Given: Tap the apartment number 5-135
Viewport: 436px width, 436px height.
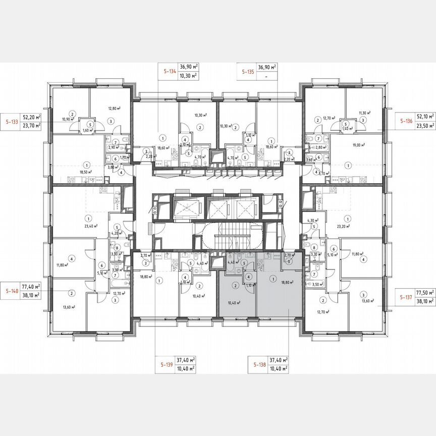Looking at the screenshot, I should click(x=247, y=72).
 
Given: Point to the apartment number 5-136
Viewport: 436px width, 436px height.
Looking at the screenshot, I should click(x=406, y=122).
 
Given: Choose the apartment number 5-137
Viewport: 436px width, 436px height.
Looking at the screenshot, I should click(x=407, y=291).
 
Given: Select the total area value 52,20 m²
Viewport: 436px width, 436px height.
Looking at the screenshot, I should click(x=32, y=117).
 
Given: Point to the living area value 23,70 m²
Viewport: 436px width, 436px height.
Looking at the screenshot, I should click(x=32, y=126).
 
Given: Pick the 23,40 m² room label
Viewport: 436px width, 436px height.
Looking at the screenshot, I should click(x=91, y=227).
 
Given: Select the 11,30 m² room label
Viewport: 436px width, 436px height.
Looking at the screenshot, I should click(x=364, y=113).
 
